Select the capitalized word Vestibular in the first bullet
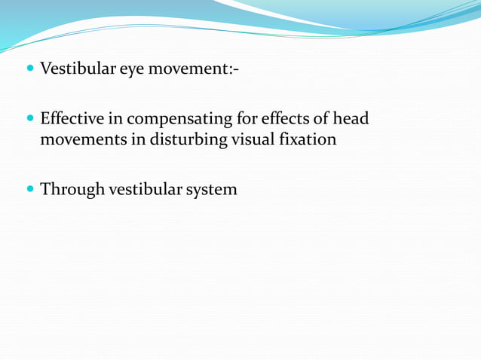76,71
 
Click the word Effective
72,119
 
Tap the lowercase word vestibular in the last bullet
143,189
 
